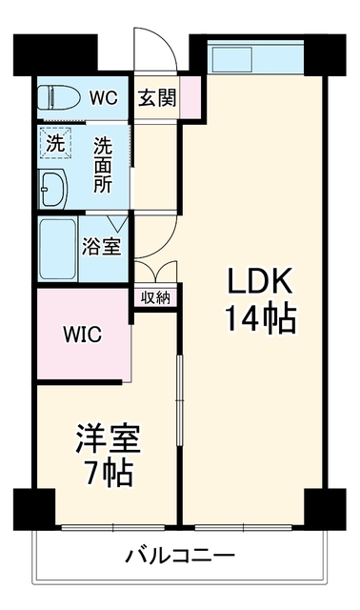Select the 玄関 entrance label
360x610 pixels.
click(x=157, y=97)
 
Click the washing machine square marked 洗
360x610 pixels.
click(x=55, y=143)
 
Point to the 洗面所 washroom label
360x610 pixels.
click(x=103, y=165)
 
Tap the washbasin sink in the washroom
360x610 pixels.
click(x=53, y=188)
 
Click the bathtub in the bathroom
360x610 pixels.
click(x=57, y=249)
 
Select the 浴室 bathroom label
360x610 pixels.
click(x=102, y=247)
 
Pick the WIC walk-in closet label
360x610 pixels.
click(x=83, y=334)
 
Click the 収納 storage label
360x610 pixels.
click(x=155, y=297)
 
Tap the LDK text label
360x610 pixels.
click(x=259, y=281)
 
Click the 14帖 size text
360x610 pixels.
click(x=261, y=317)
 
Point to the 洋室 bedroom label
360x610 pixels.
click(x=108, y=438)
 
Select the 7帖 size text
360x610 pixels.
click(x=110, y=473)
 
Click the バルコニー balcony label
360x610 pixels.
click(x=180, y=555)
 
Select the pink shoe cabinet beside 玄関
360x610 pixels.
click(x=190, y=96)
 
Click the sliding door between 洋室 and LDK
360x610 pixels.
click(x=179, y=400)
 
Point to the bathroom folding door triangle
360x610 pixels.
click(x=118, y=222)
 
